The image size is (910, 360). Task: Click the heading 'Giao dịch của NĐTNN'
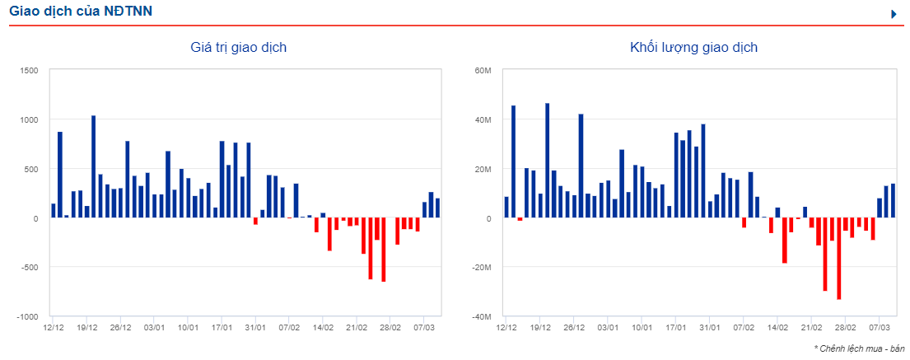[81, 12]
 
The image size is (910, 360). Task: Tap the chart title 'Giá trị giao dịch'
[239, 48]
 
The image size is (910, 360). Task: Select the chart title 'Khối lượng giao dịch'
[693, 48]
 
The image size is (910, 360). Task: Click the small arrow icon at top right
[894, 14]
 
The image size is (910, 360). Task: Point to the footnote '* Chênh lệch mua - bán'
[859, 348]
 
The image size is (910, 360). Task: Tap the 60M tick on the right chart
[483, 71]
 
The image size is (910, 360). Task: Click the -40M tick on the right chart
[481, 317]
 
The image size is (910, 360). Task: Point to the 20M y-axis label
[483, 170]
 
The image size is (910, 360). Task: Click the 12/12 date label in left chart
[54, 327]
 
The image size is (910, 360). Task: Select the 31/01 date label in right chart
[710, 327]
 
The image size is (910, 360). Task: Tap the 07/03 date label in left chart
[424, 327]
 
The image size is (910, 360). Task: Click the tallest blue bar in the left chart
[93, 166]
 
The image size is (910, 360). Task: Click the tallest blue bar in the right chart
[548, 161]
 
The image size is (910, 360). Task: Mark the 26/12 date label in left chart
[121, 327]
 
